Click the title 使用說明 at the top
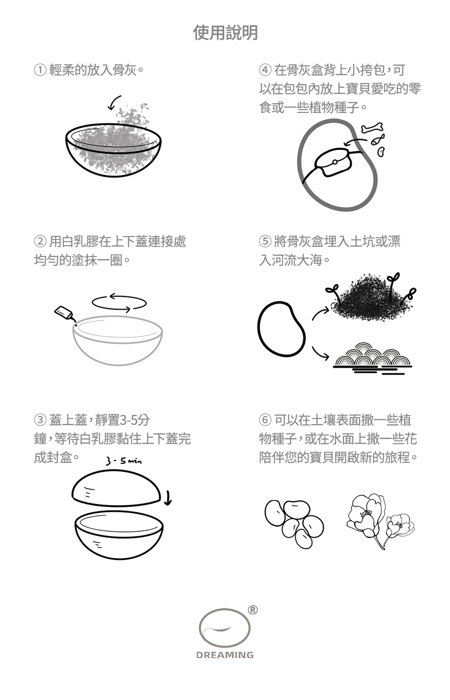(x=225, y=33)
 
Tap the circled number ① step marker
(x=40, y=70)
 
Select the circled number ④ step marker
(x=265, y=70)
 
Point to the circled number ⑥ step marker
(x=265, y=420)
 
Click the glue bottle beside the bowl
(x=65, y=314)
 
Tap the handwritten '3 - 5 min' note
(x=123, y=461)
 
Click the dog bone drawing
(x=372, y=127)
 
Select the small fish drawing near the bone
(x=378, y=139)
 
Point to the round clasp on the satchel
(x=334, y=162)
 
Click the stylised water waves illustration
(x=373, y=358)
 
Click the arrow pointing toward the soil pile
(x=319, y=313)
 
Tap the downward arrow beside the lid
(x=168, y=498)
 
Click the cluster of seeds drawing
(x=294, y=524)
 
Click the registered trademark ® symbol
(x=252, y=610)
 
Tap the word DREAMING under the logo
(x=225, y=655)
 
